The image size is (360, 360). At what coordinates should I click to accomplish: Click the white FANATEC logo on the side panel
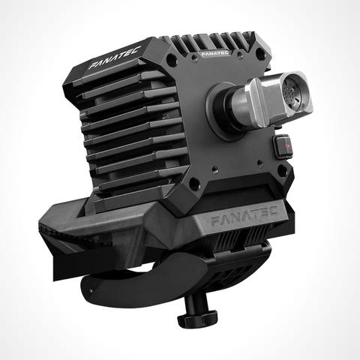(x=115, y=58)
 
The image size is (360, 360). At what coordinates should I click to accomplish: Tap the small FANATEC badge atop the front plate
(x=214, y=53)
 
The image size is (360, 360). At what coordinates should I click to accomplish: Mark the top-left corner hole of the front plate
(x=171, y=59)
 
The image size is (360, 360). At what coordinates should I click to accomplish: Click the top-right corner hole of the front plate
(x=260, y=53)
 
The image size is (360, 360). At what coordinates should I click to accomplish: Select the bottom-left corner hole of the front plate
(x=194, y=184)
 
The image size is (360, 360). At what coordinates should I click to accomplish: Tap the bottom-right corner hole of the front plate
(x=282, y=170)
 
